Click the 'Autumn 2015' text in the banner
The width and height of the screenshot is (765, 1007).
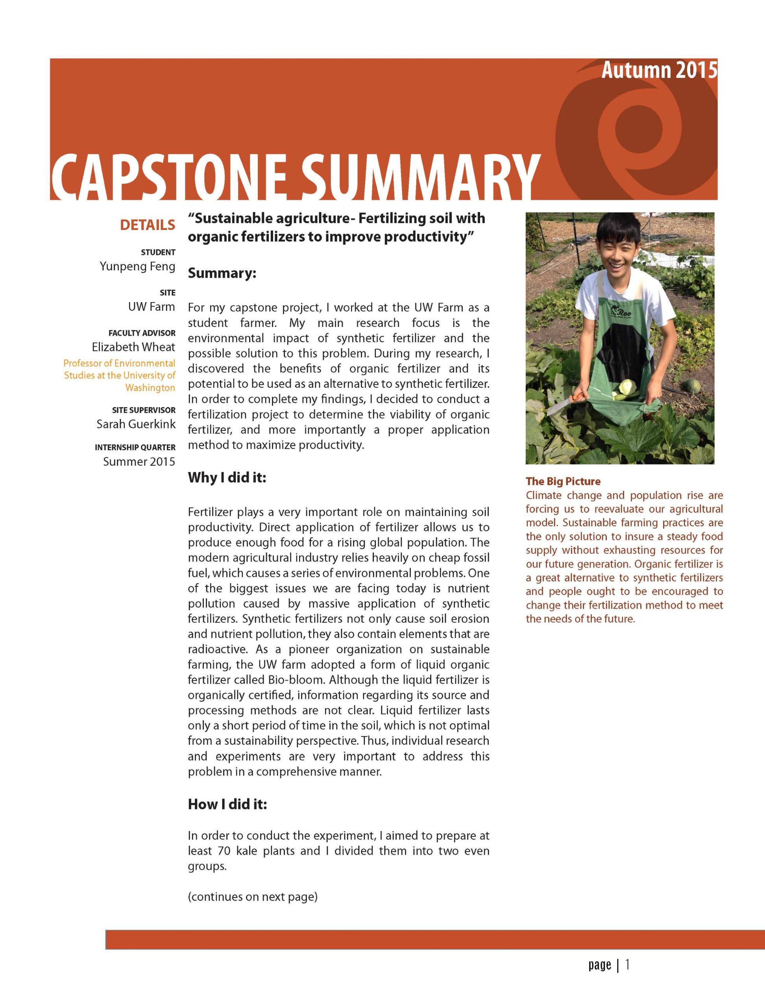658,70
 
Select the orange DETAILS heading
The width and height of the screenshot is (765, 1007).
147,225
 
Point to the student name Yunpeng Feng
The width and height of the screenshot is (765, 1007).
137,266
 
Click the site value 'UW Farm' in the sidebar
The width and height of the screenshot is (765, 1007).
151,307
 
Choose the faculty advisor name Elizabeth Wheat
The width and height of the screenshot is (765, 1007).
133,347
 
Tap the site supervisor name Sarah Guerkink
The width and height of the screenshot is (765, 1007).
136,424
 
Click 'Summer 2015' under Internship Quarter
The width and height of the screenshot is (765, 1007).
139,462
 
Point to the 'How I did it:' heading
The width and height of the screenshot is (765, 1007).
227,804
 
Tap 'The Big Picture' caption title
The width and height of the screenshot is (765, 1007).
563,481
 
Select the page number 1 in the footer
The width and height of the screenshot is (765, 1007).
628,965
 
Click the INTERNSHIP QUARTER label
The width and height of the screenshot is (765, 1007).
135,448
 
